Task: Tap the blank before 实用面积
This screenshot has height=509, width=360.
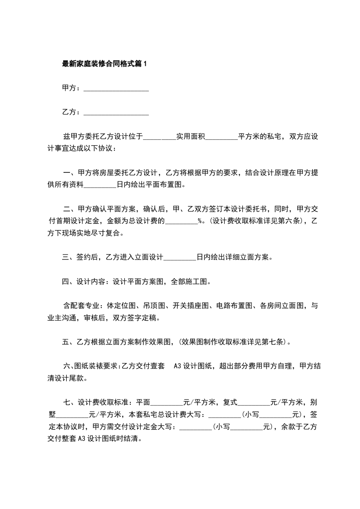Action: click(x=159, y=137)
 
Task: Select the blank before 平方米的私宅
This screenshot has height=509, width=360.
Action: click(x=222, y=137)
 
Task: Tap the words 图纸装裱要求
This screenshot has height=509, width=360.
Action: click(x=96, y=367)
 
